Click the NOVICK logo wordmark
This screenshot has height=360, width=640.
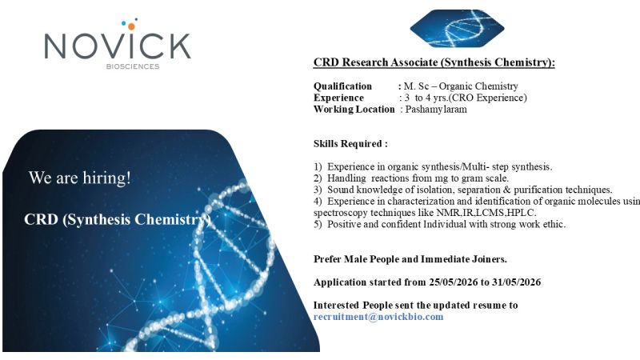click(118, 46)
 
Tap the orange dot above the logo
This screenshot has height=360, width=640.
click(131, 26)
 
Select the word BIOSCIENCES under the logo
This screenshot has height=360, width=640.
click(133, 66)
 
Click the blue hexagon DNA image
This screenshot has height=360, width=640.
click(457, 29)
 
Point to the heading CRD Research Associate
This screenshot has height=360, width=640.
click(434, 62)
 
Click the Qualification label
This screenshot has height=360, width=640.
click(342, 86)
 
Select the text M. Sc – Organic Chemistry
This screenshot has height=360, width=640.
click(461, 86)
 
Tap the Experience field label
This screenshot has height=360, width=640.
click(338, 98)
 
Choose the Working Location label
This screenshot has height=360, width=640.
click(354, 110)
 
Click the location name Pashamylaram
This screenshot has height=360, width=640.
click(436, 110)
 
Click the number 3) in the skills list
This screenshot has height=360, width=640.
click(318, 190)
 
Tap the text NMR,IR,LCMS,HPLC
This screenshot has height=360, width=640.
click(486, 213)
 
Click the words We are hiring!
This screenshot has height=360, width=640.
click(79, 178)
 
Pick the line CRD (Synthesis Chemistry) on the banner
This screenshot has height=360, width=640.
click(118, 219)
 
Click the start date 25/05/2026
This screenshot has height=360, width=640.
click(453, 282)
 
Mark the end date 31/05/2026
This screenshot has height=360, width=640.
click(516, 282)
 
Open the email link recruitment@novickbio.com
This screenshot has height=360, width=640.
click(378, 317)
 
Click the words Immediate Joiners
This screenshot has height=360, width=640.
click(464, 259)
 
